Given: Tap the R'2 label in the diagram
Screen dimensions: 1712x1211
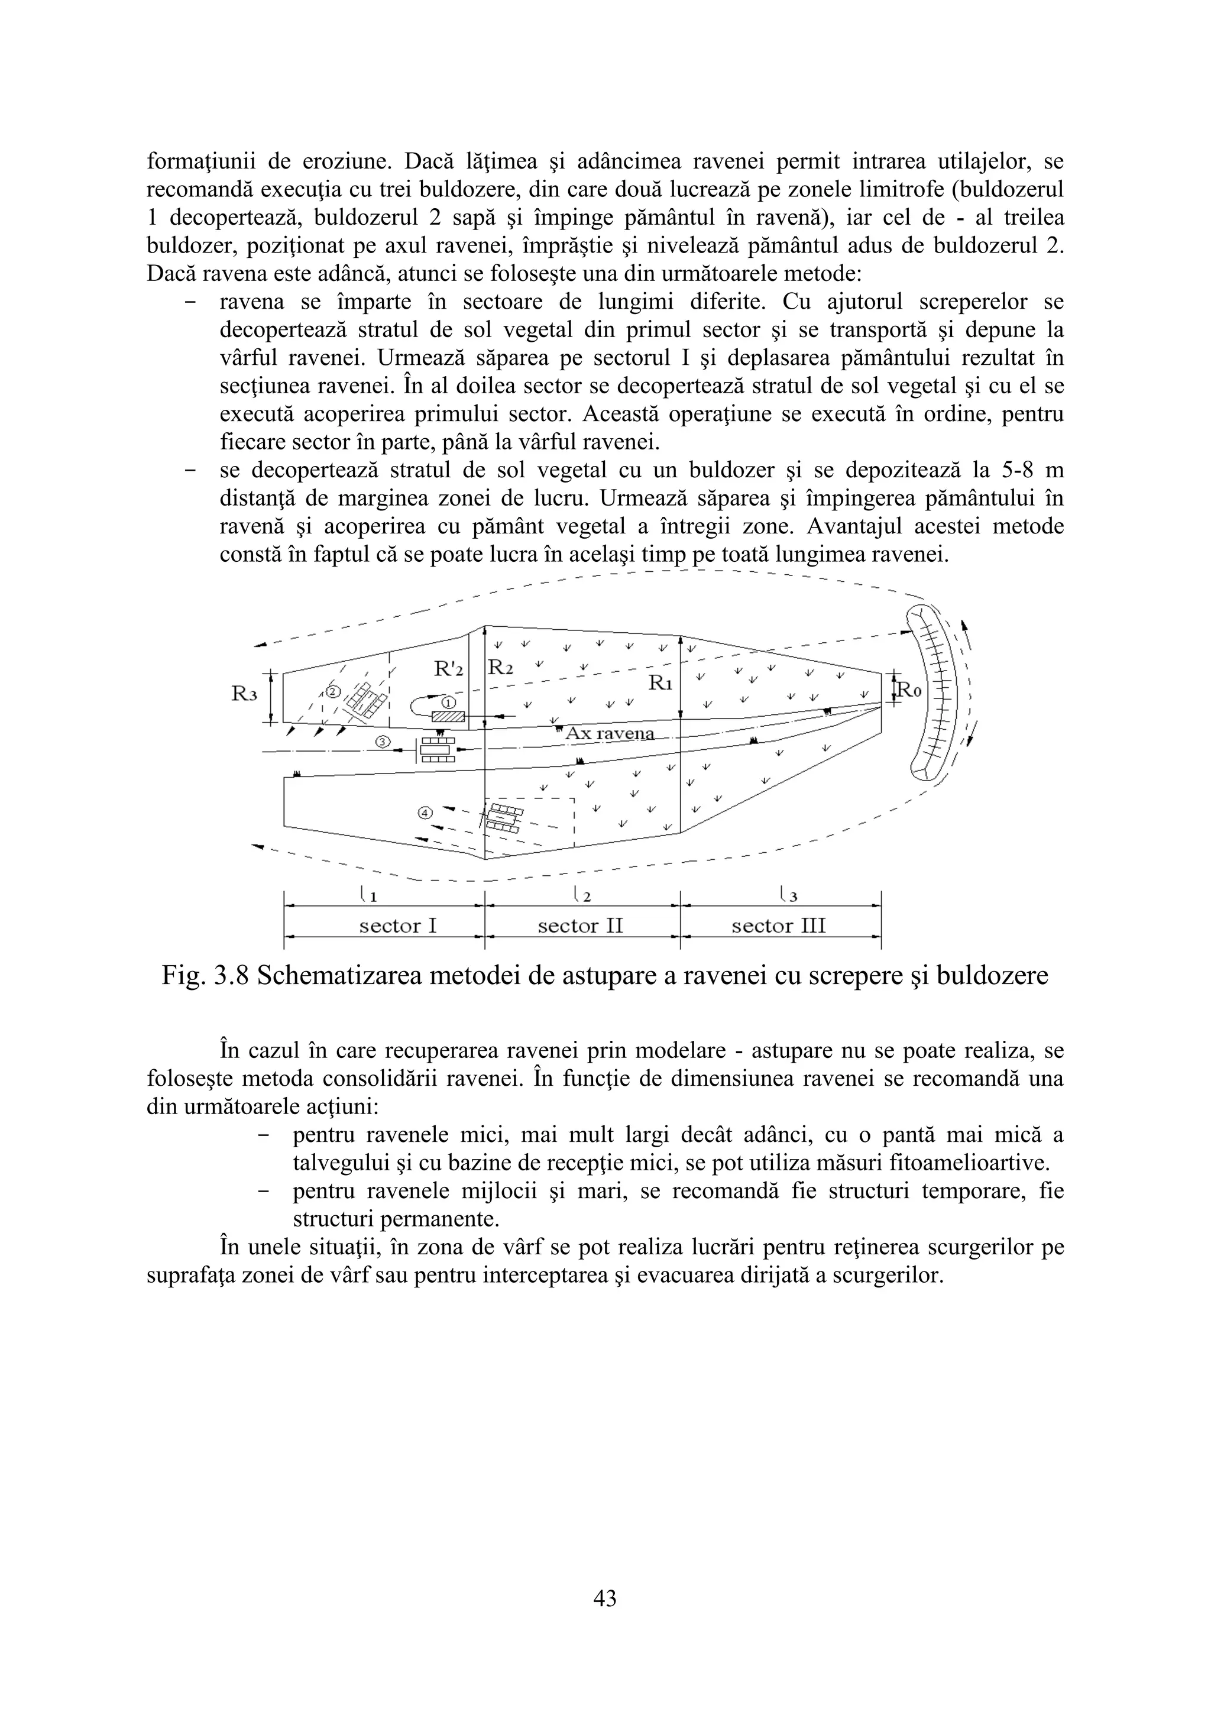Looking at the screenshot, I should tap(449, 669).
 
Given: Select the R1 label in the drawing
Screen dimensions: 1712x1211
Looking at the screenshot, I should tap(660, 681).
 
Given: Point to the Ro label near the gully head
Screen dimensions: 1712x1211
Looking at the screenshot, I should tap(909, 691).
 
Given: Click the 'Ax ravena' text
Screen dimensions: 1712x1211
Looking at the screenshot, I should tap(609, 734).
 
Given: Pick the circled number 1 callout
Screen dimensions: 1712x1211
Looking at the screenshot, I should tap(448, 703).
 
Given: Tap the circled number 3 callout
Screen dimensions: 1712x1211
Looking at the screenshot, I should tap(383, 742).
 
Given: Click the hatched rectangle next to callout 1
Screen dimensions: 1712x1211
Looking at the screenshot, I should tap(449, 717).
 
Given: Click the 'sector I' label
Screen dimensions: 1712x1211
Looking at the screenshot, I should tap(397, 926).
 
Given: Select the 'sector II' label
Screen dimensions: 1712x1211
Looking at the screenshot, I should tap(580, 926).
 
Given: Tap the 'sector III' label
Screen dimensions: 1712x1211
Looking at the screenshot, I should tap(779, 926).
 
